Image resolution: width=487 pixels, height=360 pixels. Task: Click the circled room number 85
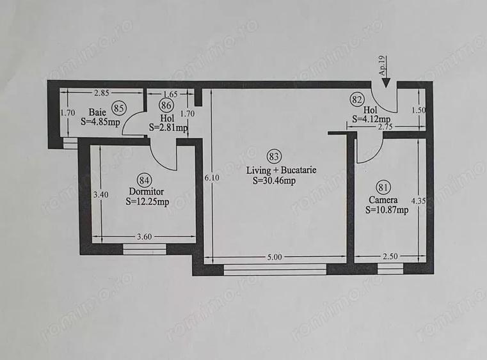[118, 107]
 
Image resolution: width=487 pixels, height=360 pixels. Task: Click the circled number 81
[383, 187]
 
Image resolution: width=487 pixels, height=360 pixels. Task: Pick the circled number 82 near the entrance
[357, 99]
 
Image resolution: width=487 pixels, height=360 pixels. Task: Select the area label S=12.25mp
[147, 203]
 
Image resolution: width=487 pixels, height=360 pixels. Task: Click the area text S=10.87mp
[387, 210]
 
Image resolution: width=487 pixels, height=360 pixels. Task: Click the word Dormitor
[147, 191]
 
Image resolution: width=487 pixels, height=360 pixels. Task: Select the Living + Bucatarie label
[282, 171]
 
